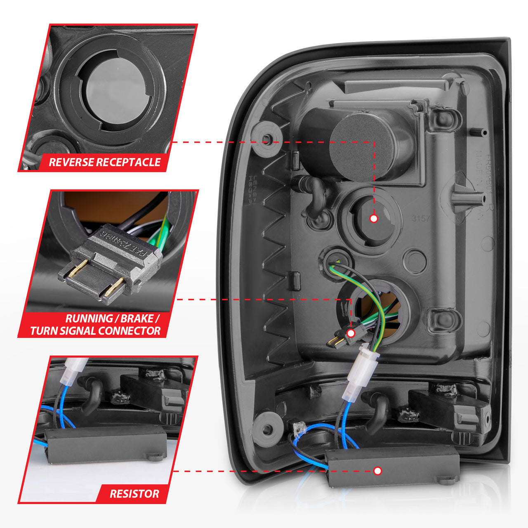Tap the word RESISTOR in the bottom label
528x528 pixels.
[x=134, y=494]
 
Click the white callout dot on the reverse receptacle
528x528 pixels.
[x=374, y=218]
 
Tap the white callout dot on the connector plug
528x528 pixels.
[x=351, y=333]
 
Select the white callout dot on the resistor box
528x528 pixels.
[x=377, y=471]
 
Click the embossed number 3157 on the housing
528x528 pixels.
[x=421, y=219]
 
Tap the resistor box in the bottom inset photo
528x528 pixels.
[x=101, y=445]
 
